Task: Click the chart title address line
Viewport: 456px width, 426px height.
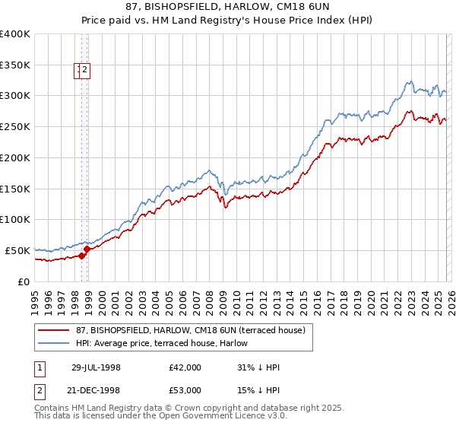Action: click(x=228, y=7)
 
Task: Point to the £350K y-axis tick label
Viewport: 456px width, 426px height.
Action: click(x=15, y=65)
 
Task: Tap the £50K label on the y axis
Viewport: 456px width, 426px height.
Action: click(x=18, y=250)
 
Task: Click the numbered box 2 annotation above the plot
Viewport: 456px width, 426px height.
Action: click(x=85, y=71)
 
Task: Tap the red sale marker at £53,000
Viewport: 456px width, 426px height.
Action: click(x=87, y=248)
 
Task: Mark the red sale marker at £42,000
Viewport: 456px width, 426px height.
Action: click(x=82, y=256)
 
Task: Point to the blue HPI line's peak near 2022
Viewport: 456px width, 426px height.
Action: click(x=409, y=81)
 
